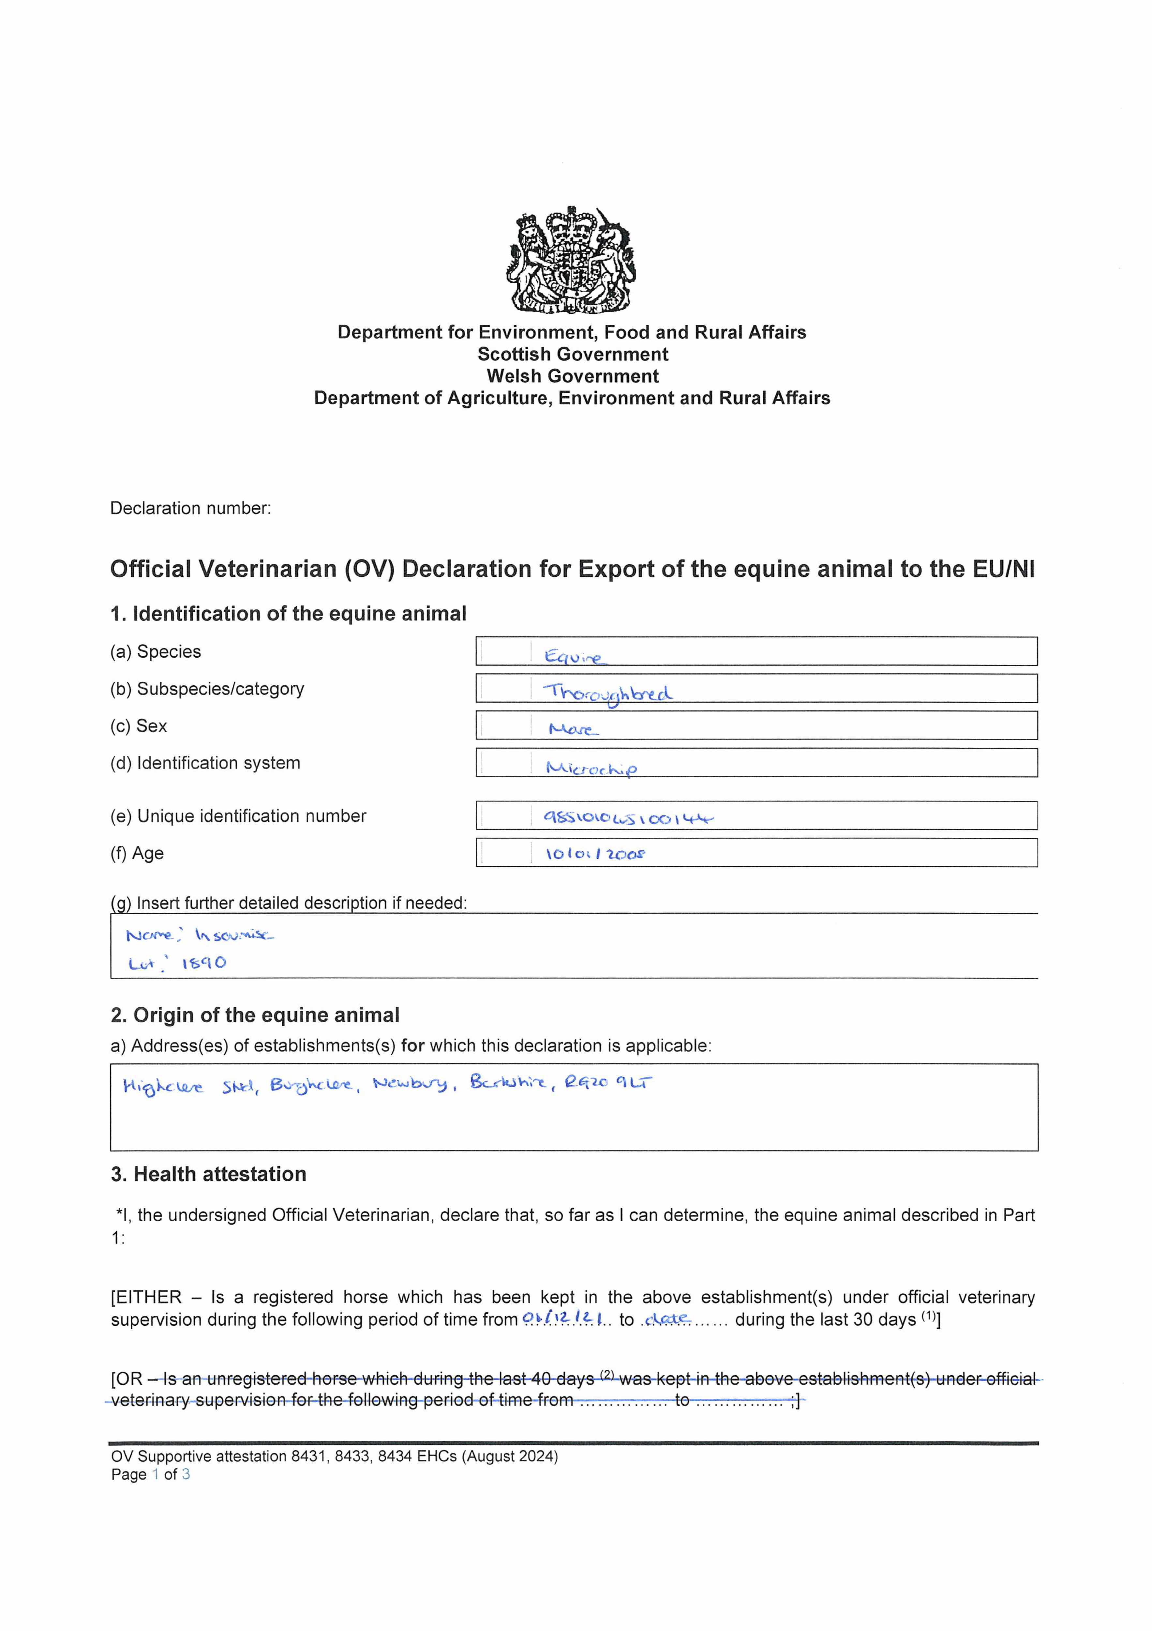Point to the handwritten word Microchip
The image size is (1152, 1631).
591,768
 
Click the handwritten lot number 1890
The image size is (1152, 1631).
204,963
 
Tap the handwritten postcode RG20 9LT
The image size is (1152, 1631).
608,1083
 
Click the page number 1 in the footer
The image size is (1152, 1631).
155,1475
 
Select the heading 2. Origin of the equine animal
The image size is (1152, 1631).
255,1015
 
